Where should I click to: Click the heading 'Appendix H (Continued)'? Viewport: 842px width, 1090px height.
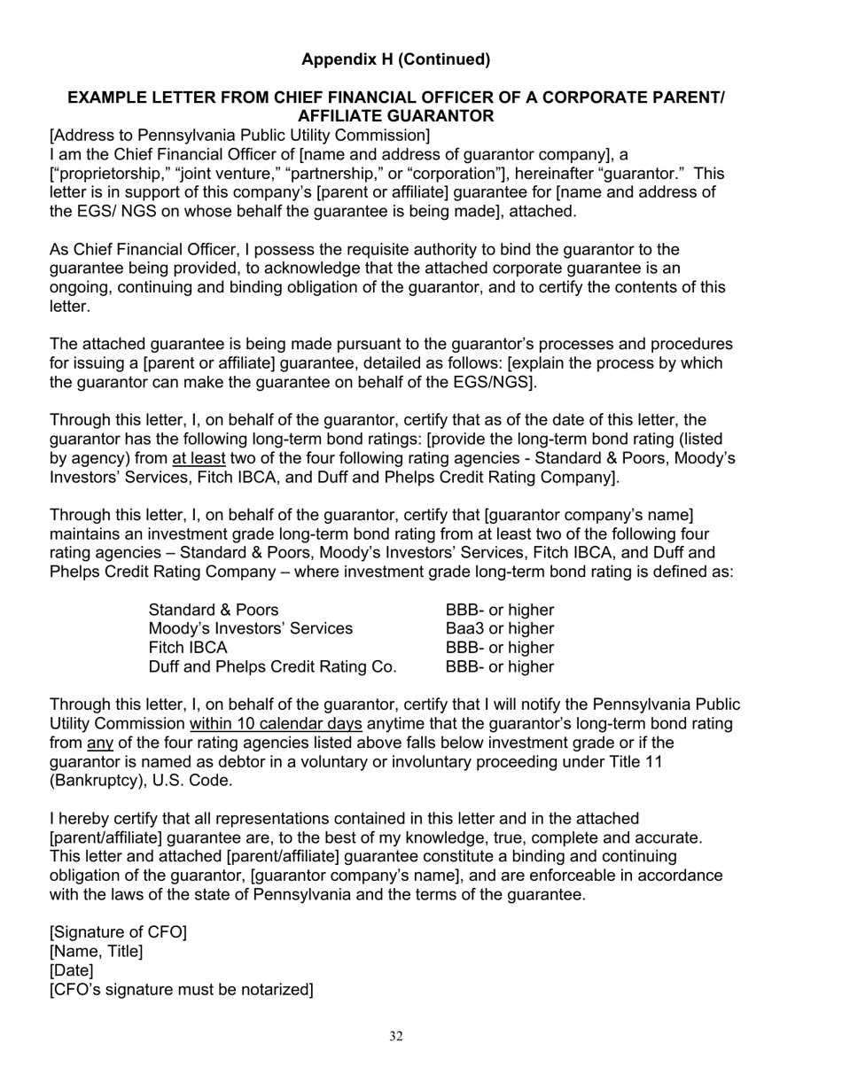(x=395, y=59)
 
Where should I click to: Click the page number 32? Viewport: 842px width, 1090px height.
(x=395, y=1037)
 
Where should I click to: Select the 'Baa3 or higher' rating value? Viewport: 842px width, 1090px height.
(x=499, y=628)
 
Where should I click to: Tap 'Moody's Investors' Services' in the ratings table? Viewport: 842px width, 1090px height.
(x=250, y=628)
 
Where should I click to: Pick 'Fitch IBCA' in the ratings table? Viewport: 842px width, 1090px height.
(x=188, y=648)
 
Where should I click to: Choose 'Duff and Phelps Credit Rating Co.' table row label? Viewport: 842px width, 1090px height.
(x=272, y=666)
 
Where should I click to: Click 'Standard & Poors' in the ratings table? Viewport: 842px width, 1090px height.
(x=213, y=610)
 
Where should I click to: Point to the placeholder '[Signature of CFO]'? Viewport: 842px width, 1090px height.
(x=118, y=932)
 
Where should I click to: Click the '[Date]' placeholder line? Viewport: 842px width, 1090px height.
(x=71, y=970)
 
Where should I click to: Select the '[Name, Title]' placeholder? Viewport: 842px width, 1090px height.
(x=96, y=952)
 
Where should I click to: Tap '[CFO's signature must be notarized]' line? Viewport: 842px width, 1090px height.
(x=181, y=989)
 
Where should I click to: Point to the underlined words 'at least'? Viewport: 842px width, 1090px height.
(x=199, y=458)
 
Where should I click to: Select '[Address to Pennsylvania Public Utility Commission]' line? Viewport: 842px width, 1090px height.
(x=239, y=135)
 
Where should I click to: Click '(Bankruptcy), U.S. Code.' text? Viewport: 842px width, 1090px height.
(x=141, y=781)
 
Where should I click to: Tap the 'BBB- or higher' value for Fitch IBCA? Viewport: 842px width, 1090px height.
(x=499, y=648)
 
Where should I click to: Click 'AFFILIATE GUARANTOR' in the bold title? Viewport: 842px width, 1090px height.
(x=395, y=116)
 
